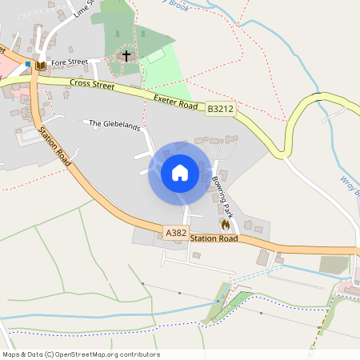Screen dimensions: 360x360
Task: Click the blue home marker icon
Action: tap(179, 173)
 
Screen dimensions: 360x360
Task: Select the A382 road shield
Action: tap(176, 232)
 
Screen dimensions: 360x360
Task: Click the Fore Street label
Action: tap(68, 62)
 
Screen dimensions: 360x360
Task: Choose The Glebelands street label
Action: tap(114, 124)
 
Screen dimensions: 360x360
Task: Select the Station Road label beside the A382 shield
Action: tap(214, 238)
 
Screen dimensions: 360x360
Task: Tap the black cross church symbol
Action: tap(126, 56)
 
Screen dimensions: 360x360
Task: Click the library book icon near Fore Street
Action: tap(40, 65)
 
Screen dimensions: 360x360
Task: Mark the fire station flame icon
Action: tap(224, 226)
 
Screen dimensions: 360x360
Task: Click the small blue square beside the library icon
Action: tap(29, 63)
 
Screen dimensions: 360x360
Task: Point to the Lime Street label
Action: tap(82, 9)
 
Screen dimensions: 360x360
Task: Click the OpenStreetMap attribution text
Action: tap(80, 354)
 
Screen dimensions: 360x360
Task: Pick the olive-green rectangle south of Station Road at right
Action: tap(334, 264)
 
